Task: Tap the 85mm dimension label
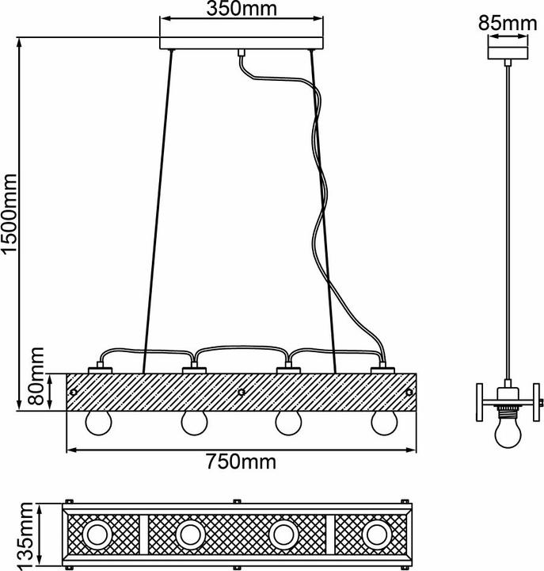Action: click(x=506, y=24)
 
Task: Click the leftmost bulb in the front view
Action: click(x=99, y=423)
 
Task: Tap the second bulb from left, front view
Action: click(x=192, y=423)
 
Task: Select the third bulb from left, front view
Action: click(x=287, y=423)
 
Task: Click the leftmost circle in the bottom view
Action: click(x=99, y=535)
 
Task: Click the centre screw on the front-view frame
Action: click(x=242, y=392)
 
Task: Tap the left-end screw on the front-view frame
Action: click(x=74, y=391)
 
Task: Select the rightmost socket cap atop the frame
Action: click(x=382, y=370)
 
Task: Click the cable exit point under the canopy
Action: click(x=239, y=53)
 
